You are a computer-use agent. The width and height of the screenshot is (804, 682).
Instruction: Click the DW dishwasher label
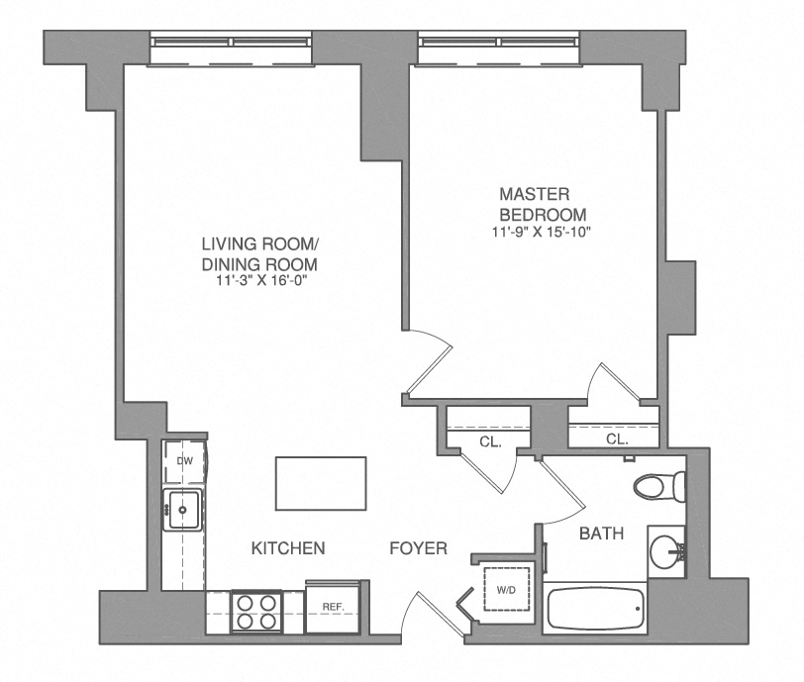point(184,461)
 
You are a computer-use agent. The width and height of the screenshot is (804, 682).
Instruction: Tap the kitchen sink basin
point(184,511)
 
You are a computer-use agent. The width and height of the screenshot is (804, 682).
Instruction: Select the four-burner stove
point(256,611)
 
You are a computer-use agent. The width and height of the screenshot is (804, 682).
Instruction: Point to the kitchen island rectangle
point(320,481)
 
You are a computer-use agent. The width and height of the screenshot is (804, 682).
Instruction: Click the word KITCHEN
point(288,547)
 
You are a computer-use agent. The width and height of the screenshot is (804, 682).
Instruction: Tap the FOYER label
point(418,547)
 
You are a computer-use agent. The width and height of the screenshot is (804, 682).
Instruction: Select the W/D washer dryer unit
point(506,590)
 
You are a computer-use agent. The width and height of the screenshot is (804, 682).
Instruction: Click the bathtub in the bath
point(593,610)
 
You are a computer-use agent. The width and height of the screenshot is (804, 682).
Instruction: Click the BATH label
point(601,535)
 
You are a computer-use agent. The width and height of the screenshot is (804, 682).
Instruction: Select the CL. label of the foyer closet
point(490,442)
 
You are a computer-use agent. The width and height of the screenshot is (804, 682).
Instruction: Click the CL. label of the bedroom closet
point(616,438)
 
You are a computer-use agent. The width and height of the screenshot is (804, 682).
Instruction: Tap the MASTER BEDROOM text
point(543,204)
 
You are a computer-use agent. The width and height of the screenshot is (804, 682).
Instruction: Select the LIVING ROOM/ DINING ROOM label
point(259,254)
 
